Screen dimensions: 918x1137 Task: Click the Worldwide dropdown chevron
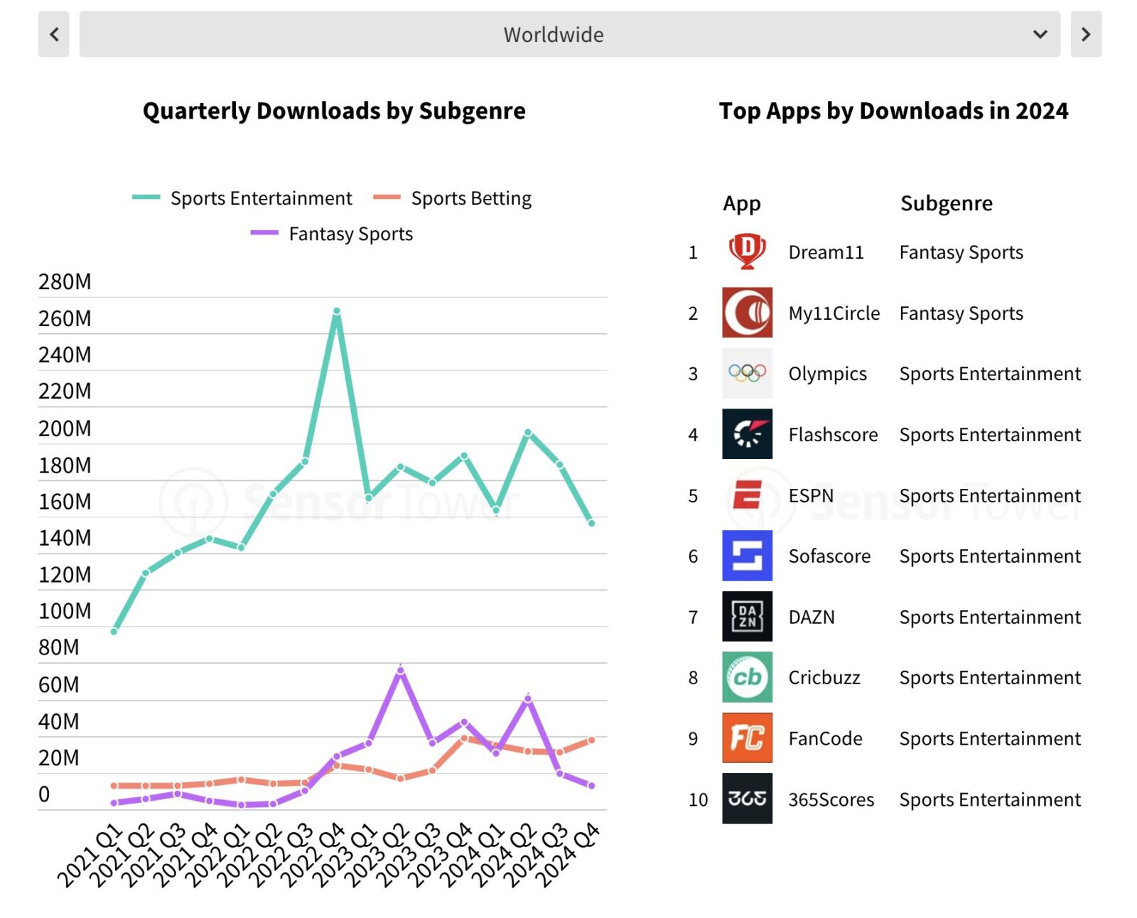(x=1040, y=34)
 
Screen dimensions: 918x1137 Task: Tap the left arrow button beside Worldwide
(x=54, y=34)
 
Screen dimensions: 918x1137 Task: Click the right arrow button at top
(x=1085, y=34)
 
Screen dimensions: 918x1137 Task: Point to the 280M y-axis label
(x=65, y=282)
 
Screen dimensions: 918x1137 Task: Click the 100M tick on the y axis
(x=65, y=611)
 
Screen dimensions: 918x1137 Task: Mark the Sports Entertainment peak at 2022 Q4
(x=337, y=311)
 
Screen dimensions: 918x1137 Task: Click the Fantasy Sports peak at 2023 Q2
(x=400, y=670)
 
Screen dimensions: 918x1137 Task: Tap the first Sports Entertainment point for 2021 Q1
(x=114, y=631)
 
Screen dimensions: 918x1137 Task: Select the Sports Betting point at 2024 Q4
(x=591, y=740)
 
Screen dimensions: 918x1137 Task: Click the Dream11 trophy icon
(x=747, y=252)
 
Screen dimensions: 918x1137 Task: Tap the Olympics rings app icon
(x=747, y=373)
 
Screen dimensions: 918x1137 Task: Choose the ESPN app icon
(x=747, y=495)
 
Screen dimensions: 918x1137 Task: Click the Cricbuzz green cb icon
(x=747, y=677)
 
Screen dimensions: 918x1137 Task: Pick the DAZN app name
(x=812, y=617)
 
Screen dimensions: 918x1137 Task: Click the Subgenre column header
(x=946, y=204)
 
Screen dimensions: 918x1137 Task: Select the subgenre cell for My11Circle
(x=961, y=313)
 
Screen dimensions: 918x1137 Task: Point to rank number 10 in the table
(x=698, y=800)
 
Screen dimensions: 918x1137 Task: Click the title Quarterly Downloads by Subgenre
(x=334, y=111)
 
